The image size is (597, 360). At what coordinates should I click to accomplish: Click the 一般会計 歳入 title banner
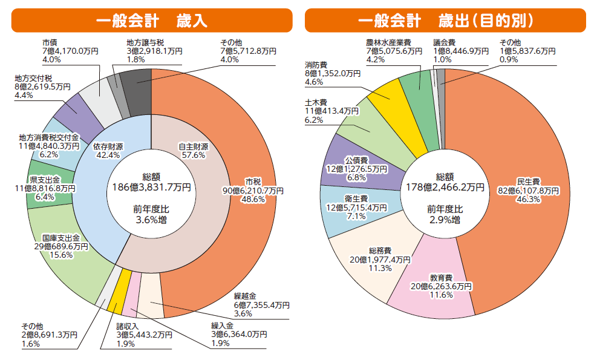click(151, 21)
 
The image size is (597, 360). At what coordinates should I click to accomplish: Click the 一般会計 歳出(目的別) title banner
click(445, 21)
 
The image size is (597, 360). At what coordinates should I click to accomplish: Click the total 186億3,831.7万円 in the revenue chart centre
click(151, 188)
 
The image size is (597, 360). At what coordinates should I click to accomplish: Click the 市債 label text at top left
click(50, 43)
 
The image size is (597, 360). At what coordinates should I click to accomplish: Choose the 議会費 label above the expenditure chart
click(444, 43)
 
